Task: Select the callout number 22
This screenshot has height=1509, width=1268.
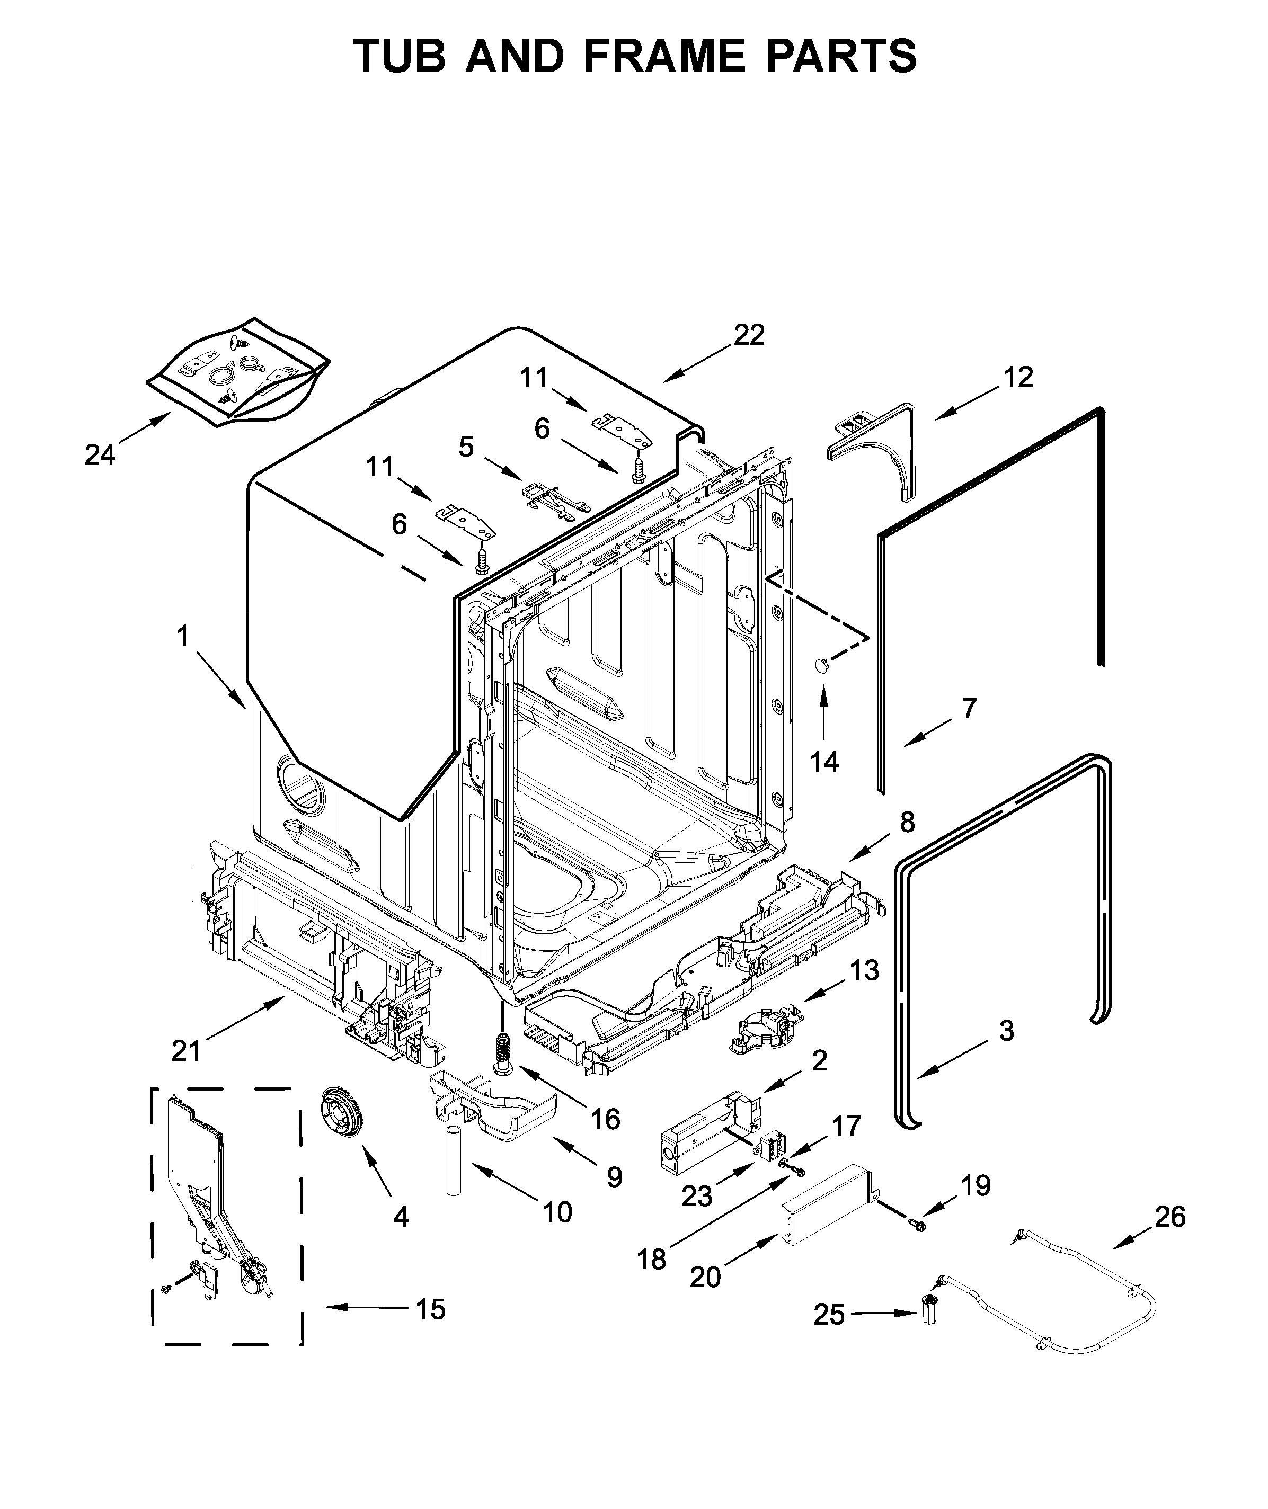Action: [x=749, y=335]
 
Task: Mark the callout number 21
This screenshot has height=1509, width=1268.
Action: [x=186, y=1051]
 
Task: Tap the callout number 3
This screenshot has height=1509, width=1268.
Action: [x=1006, y=1030]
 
